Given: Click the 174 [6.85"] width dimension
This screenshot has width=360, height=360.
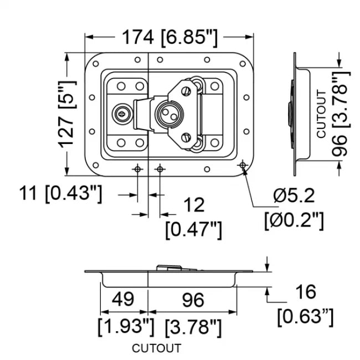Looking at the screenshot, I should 169,38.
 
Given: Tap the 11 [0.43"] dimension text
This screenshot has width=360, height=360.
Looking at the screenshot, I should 61,194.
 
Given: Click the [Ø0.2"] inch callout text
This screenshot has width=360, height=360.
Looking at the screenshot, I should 293,220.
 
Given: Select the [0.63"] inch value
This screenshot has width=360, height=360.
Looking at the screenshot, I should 305,316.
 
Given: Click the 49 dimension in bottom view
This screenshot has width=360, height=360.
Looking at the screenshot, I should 123,300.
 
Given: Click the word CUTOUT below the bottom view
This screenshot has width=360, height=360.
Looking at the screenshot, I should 156,348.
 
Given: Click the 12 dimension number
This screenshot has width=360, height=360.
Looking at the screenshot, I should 193,205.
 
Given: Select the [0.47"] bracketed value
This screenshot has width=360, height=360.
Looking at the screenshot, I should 194,229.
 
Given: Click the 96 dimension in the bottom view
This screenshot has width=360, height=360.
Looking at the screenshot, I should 193,300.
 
